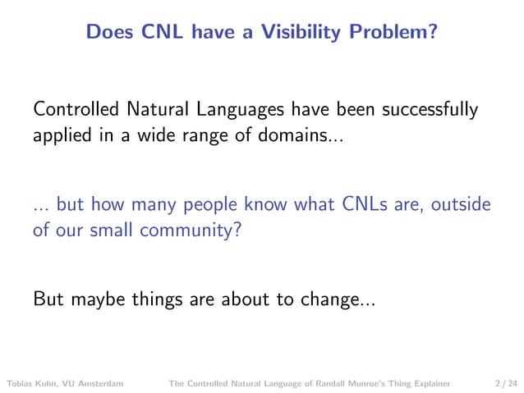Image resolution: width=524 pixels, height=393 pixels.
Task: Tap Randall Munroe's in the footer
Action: pos(346,382)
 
